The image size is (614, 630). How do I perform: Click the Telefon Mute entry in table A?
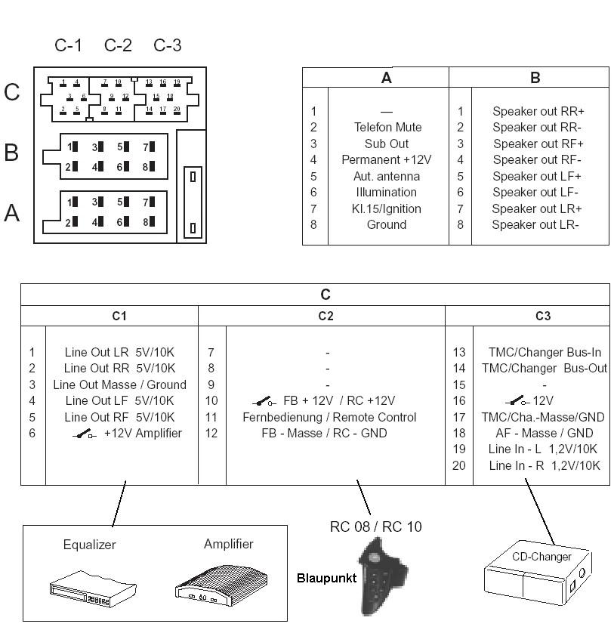click(387, 127)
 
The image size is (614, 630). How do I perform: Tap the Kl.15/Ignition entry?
click(387, 208)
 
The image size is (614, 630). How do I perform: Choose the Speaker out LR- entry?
click(535, 224)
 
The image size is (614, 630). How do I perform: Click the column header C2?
click(326, 316)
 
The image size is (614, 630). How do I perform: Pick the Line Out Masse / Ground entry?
click(119, 384)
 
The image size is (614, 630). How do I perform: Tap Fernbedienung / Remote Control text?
click(329, 417)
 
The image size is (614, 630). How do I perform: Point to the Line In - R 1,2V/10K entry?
click(544, 465)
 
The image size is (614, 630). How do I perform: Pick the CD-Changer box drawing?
click(538, 576)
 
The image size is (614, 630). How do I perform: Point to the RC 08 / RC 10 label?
click(376, 526)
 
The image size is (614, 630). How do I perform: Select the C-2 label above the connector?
click(118, 45)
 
